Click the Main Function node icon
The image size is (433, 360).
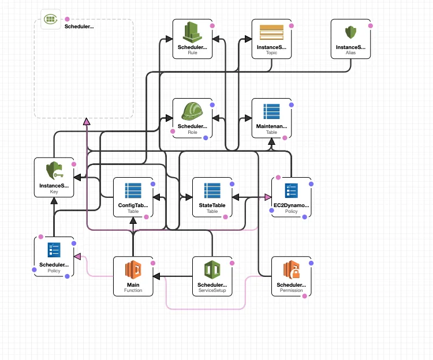pos(133,269)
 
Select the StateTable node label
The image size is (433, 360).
pos(212,205)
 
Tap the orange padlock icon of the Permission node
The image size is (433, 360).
pos(292,269)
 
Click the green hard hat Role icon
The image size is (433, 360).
pos(192,111)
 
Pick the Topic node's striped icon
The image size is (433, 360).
pos(271,32)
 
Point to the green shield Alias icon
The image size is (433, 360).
pos(350,32)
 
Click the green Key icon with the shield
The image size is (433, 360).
pos(54,171)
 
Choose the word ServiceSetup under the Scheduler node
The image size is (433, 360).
pos(212,291)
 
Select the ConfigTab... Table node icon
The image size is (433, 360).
pos(133,190)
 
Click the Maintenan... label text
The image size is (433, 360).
pos(271,126)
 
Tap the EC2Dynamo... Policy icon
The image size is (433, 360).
pos(292,190)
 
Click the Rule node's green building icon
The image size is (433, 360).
pos(192,32)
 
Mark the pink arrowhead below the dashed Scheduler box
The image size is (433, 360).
pos(87,121)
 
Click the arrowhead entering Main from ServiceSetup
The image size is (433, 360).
pos(156,277)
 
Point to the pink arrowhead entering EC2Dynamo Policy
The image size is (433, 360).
pos(268,197)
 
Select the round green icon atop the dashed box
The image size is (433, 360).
pos(51,20)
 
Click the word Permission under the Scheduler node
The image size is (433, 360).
pos(292,291)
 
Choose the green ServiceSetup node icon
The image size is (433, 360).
pos(212,269)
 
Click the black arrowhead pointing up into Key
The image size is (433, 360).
pos(54,201)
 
